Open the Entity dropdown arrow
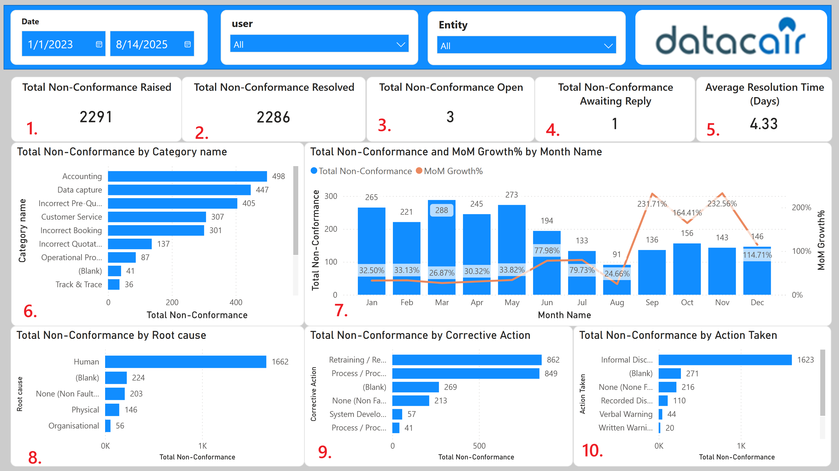(x=608, y=46)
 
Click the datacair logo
(x=731, y=38)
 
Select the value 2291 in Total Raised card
(x=96, y=117)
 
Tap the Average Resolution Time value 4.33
(x=763, y=124)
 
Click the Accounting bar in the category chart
(x=187, y=176)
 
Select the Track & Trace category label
(x=79, y=284)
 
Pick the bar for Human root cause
(x=185, y=361)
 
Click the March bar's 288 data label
(x=441, y=210)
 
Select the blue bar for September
(x=652, y=272)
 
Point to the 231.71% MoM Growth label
(x=652, y=204)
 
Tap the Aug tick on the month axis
(x=617, y=302)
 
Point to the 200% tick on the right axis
(x=801, y=207)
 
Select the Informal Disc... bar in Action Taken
(x=725, y=360)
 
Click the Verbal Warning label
(x=626, y=414)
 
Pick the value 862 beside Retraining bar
(x=553, y=360)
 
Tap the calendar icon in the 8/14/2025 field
(x=187, y=44)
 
